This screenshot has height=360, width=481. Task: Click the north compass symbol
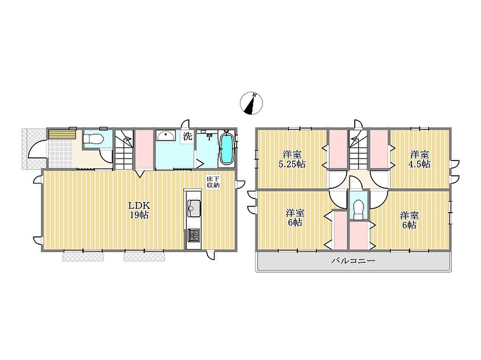[251, 103]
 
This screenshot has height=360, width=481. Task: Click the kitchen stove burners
[193, 235]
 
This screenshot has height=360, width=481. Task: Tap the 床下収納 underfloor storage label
[213, 182]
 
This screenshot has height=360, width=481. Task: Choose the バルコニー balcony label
[353, 261]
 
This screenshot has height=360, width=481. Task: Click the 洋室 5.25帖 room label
[292, 159]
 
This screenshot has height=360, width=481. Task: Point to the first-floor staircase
[124, 149]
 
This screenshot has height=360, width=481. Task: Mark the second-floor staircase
[358, 149]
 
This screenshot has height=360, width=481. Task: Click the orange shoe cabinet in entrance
[62, 135]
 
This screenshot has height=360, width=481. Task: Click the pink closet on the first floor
[144, 149]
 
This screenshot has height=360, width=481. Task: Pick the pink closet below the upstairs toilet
[359, 236]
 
